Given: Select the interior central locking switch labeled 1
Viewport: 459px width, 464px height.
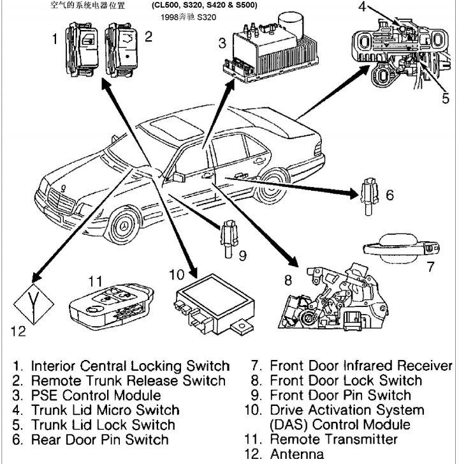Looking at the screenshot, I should point(83,42).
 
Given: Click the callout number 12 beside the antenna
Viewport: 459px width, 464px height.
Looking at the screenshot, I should point(18,331).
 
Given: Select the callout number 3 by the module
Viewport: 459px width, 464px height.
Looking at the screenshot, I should point(222,43).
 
